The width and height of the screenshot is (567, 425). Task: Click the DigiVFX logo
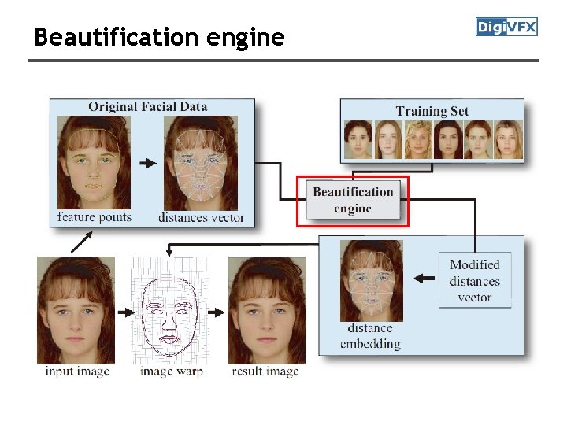click(x=506, y=27)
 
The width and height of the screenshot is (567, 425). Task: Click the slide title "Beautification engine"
click(x=159, y=37)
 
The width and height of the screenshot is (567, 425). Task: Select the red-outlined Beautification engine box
click(x=353, y=201)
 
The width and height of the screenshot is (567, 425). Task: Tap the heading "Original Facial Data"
click(x=147, y=106)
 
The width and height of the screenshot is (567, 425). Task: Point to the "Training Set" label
click(x=432, y=111)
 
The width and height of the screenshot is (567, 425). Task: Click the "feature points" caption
click(x=94, y=216)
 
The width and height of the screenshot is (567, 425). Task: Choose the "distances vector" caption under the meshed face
click(x=202, y=217)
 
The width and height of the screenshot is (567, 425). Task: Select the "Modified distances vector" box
click(x=475, y=281)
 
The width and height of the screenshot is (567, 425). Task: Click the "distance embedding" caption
click(x=370, y=336)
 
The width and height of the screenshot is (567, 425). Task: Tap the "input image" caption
click(x=77, y=371)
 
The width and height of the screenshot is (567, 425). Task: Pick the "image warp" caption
click(x=171, y=371)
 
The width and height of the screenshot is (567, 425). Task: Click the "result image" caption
click(x=265, y=371)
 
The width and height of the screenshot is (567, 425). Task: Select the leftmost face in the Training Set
click(x=359, y=140)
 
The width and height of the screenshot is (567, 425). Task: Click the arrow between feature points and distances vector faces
click(x=147, y=163)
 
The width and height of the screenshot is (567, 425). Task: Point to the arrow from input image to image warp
click(x=125, y=312)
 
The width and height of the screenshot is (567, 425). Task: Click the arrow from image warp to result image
click(x=216, y=312)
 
